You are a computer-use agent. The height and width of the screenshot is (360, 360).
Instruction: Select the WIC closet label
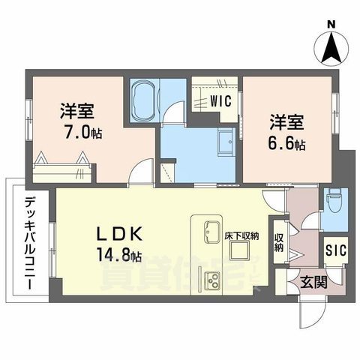pyautogui.click(x=219, y=98)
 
